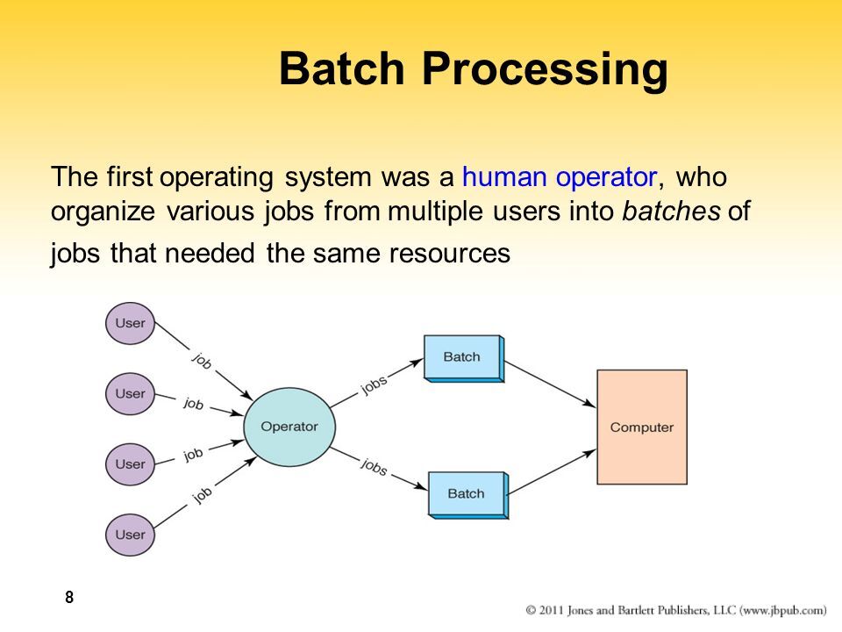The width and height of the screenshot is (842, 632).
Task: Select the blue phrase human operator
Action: point(559,177)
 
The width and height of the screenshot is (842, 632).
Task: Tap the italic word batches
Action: point(673,212)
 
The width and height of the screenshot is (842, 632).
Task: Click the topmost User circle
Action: point(131,324)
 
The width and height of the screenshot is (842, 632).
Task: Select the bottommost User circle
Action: point(131,534)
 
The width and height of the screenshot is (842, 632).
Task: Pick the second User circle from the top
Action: point(131,393)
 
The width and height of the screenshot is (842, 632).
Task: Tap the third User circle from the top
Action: point(131,463)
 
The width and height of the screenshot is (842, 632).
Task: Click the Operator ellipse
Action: point(289,427)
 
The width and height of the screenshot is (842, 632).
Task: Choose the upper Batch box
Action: point(462,357)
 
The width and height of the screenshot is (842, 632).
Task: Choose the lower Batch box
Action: point(467,494)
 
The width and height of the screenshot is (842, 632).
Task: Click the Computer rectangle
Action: point(641,427)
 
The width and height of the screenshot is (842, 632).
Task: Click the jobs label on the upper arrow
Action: point(374,385)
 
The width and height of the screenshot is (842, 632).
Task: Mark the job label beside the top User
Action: point(201,360)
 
